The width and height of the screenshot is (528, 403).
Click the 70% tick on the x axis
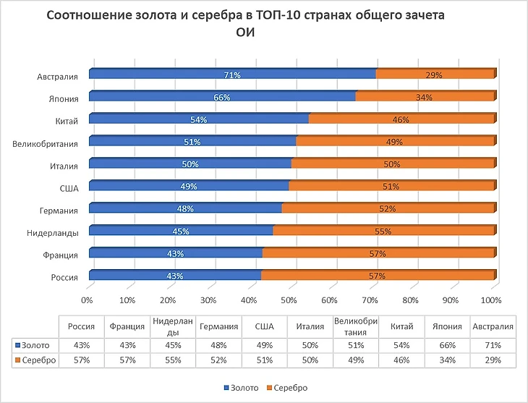pyautogui.click(x=370, y=300)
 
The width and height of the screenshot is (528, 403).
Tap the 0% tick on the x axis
pyautogui.click(x=88, y=300)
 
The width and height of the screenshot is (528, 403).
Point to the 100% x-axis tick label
pyautogui.click(x=491, y=300)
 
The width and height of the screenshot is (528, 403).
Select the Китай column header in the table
pyautogui.click(x=401, y=326)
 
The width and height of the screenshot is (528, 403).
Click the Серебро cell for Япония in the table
pyautogui.click(x=447, y=360)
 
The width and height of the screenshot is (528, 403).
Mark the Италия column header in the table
pyautogui.click(x=310, y=326)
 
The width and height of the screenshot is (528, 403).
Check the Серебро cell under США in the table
pyautogui.click(x=264, y=360)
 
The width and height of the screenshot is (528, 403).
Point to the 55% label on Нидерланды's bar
pyautogui.click(x=383, y=232)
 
